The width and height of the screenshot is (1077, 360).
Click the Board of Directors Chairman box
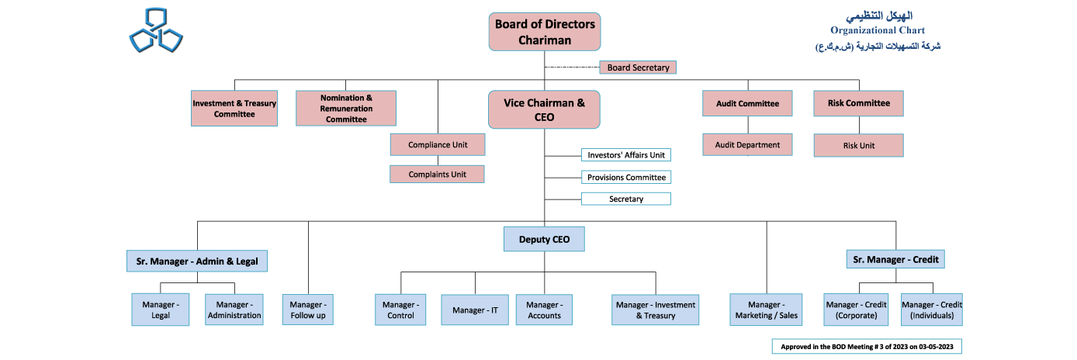pyautogui.click(x=545, y=32)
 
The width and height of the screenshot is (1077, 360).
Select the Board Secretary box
pyautogui.click(x=638, y=67)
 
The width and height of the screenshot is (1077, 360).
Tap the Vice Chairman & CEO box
pyautogui.click(x=544, y=109)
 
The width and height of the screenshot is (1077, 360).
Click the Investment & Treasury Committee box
pyautogui.click(x=234, y=109)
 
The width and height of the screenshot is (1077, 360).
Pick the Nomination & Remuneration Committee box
pyautogui.click(x=346, y=109)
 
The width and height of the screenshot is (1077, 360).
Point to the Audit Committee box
pyautogui.click(x=747, y=103)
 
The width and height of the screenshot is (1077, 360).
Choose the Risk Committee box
pyautogui.click(x=858, y=103)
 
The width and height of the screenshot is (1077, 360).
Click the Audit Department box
pyautogui.click(x=747, y=144)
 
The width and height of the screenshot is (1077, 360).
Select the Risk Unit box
pyautogui.click(x=858, y=145)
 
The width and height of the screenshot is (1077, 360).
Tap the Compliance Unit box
pyautogui.click(x=437, y=144)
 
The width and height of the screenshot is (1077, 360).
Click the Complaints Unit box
pyautogui.click(x=437, y=175)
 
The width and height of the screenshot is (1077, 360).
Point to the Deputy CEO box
pyautogui.click(x=544, y=239)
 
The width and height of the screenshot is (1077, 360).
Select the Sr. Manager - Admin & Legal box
pyautogui.click(x=197, y=261)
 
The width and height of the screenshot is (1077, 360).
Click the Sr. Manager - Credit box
pyautogui.click(x=895, y=259)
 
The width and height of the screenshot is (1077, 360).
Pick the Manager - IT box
pyautogui.click(x=475, y=310)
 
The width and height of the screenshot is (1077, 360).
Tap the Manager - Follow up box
pyautogui.click(x=307, y=310)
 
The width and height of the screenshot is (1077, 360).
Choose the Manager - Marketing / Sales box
pyautogui.click(x=766, y=310)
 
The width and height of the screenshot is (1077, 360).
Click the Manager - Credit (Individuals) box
pyautogui.click(x=931, y=310)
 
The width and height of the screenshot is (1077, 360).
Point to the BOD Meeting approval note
pyautogui.click(x=866, y=346)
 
